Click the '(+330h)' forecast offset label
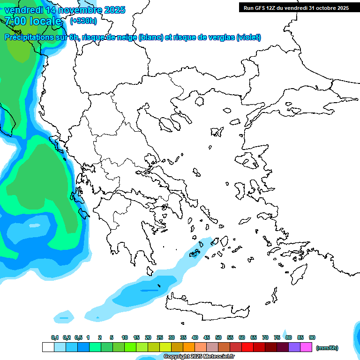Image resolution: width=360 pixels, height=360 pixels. point(83,21)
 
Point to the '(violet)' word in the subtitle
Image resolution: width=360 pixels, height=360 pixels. point(249,37)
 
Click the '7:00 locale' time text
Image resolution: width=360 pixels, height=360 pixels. point(33,21)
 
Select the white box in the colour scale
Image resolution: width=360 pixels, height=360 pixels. point(48,347)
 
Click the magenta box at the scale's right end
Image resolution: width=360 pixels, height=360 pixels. point(306,347)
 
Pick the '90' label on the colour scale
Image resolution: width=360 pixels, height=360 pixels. point(312,337)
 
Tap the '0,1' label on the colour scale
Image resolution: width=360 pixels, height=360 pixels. point(55,337)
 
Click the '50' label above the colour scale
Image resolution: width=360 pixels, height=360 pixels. point(218,337)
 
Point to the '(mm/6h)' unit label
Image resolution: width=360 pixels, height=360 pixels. point(327,348)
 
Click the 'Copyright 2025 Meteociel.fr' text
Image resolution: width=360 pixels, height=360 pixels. point(199,357)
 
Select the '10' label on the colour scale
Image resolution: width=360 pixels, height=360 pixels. point(125,337)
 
